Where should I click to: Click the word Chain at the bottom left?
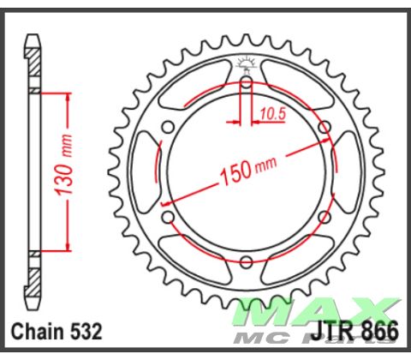click(x=38, y=331)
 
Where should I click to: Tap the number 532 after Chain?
click(x=87, y=331)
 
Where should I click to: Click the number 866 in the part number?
click(x=380, y=331)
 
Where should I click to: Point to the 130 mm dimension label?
click(x=63, y=171)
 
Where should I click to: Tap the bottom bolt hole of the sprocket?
click(x=247, y=260)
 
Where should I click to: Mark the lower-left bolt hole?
click(x=169, y=216)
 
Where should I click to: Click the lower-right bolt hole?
click(x=325, y=216)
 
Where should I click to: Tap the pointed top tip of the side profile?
click(x=33, y=38)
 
